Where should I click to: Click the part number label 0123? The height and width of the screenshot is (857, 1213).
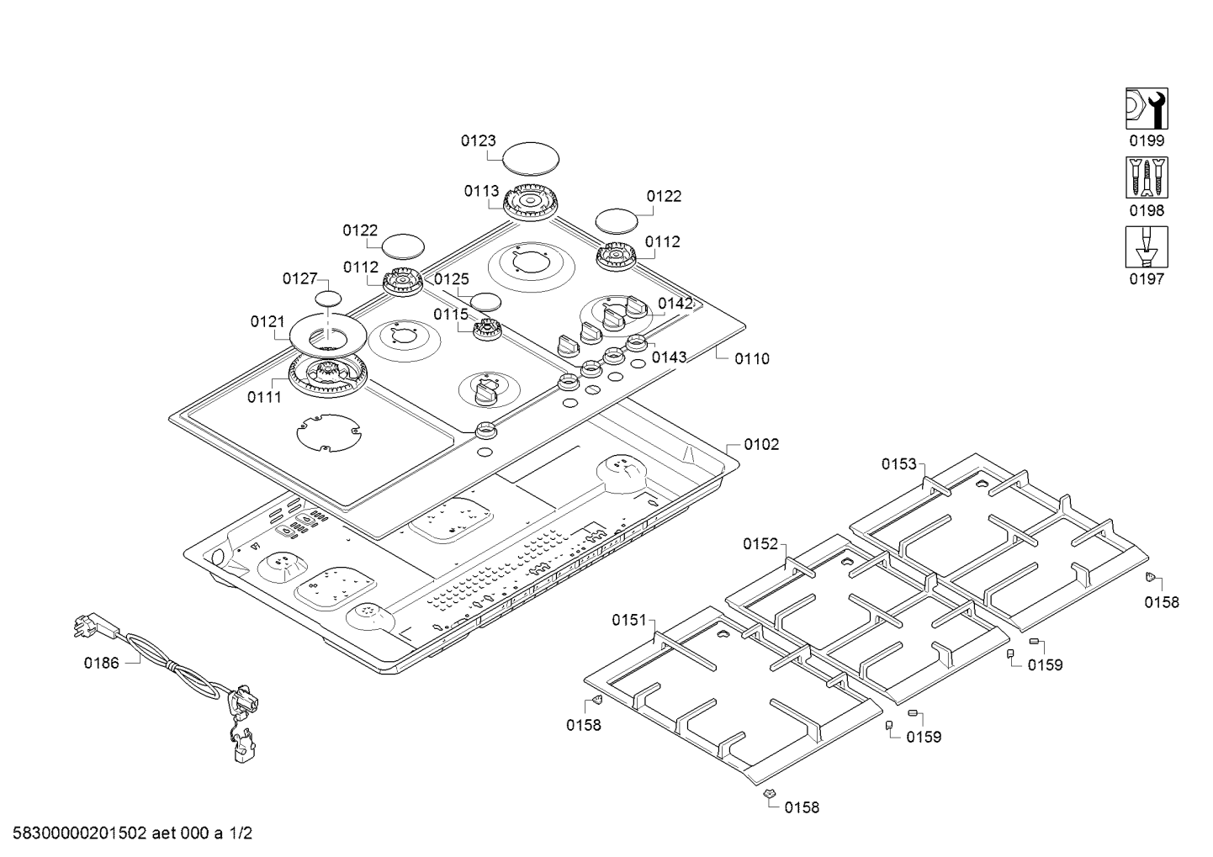[x=478, y=141]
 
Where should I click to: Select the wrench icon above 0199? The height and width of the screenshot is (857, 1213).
[x=1147, y=108]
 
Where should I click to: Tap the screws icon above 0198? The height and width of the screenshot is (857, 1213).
[x=1147, y=177]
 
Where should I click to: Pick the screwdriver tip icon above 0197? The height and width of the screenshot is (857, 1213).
[x=1147, y=246]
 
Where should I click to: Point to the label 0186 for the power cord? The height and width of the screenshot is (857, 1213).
[x=101, y=663]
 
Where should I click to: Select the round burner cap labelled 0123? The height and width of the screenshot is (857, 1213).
[x=531, y=158]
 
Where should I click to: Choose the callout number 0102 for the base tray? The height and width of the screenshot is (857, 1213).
[x=761, y=444]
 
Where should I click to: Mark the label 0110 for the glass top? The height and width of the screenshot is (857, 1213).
[x=751, y=359]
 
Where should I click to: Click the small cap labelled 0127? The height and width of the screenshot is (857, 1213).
[x=330, y=299]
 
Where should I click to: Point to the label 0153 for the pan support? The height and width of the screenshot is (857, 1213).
[x=898, y=464]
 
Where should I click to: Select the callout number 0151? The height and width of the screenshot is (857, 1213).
[x=628, y=621]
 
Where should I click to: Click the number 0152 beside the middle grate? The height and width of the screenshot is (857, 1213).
[x=760, y=544]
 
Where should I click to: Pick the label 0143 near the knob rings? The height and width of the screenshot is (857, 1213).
[x=670, y=357]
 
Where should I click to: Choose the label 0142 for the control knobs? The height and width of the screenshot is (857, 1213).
[x=675, y=304]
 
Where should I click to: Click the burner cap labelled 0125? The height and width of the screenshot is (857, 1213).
[x=486, y=301]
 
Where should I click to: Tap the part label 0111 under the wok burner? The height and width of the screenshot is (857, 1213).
[x=264, y=398]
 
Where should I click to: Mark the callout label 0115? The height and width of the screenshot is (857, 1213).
[x=451, y=315]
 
